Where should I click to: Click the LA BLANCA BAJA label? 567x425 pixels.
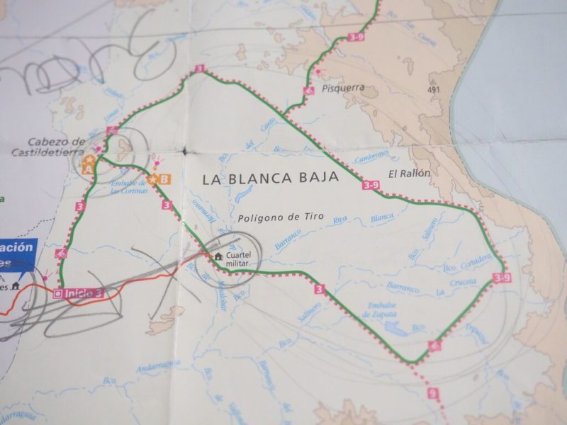click(270, 178)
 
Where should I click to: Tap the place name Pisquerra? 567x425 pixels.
click(342, 89)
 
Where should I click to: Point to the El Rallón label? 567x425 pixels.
click(410, 173)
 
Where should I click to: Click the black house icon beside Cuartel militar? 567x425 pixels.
click(218, 256)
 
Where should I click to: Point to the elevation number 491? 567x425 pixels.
click(434, 90)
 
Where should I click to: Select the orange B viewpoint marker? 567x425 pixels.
click(164, 180)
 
